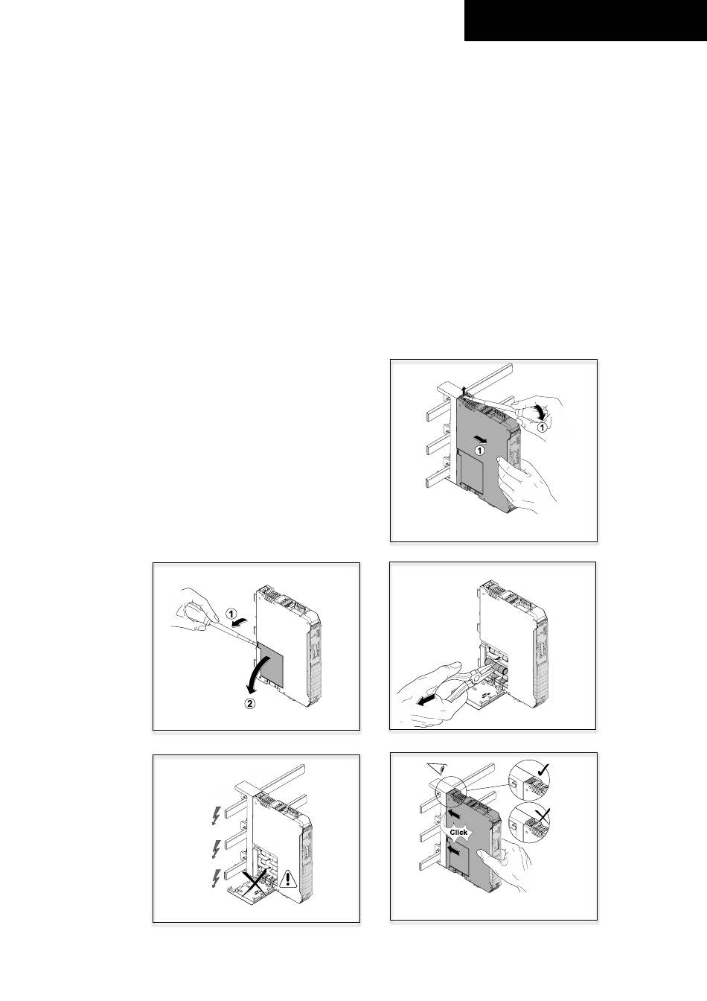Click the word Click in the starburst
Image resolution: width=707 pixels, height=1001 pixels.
[x=458, y=832]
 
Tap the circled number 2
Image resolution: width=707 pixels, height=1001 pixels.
[x=249, y=703]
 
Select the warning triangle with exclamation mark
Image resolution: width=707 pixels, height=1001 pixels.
[x=288, y=877]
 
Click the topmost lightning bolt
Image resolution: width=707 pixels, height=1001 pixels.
[x=216, y=816]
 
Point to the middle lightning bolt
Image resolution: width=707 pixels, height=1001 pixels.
[x=217, y=849]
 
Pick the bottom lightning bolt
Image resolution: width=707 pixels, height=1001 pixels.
[x=216, y=878]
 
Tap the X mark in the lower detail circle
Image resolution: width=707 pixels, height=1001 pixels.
[x=543, y=817]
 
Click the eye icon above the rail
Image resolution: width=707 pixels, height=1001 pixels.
[x=438, y=768]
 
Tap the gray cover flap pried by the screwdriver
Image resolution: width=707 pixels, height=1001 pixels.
[x=271, y=665]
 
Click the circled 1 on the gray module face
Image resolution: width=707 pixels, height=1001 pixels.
[x=479, y=451]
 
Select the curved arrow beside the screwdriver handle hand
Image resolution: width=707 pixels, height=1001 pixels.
[x=540, y=411]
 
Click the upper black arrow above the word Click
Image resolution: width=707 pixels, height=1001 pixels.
[x=455, y=814]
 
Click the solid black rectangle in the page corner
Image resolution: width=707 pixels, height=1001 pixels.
[x=586, y=21]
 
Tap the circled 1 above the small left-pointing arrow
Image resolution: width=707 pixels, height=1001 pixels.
[x=231, y=614]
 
